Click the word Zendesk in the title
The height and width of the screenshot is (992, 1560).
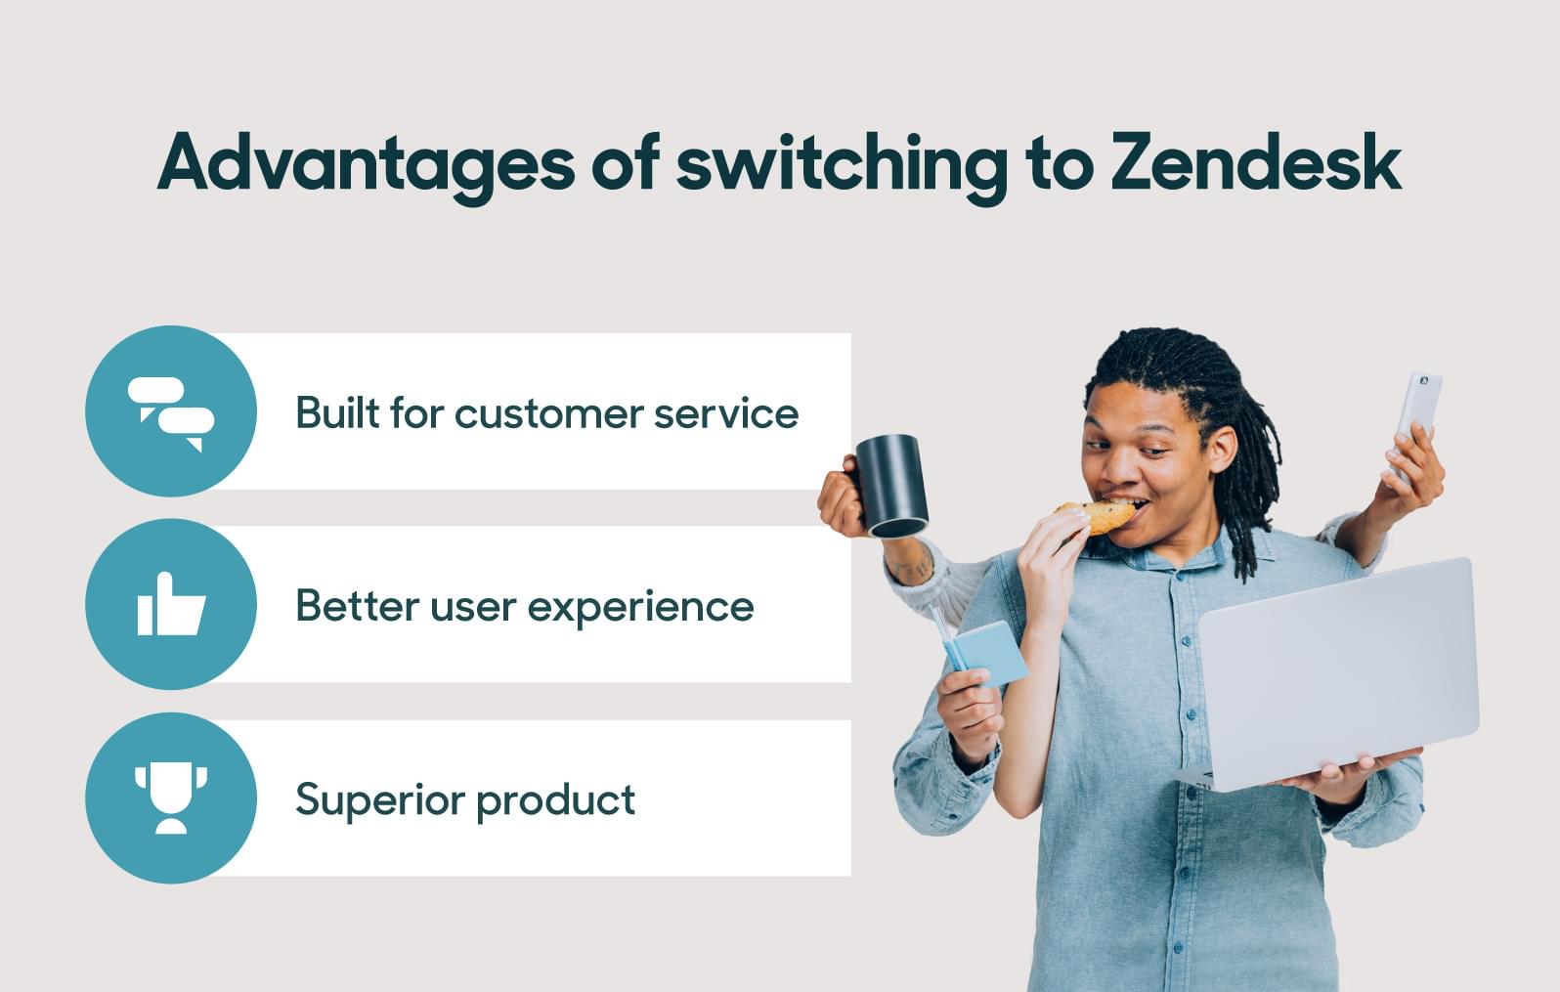(x=1256, y=161)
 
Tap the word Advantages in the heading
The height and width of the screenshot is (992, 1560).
(x=367, y=167)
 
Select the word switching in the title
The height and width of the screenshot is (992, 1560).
(x=842, y=167)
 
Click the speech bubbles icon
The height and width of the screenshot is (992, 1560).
(x=171, y=414)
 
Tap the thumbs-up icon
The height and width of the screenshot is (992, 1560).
(x=171, y=604)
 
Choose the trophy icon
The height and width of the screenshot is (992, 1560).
(x=171, y=798)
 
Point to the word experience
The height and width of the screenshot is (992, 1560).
(x=641, y=608)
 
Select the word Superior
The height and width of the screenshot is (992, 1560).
(x=379, y=799)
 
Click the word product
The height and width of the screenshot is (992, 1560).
(x=556, y=799)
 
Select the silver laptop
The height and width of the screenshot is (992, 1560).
(x=1333, y=675)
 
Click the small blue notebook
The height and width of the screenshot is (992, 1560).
(x=984, y=654)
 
